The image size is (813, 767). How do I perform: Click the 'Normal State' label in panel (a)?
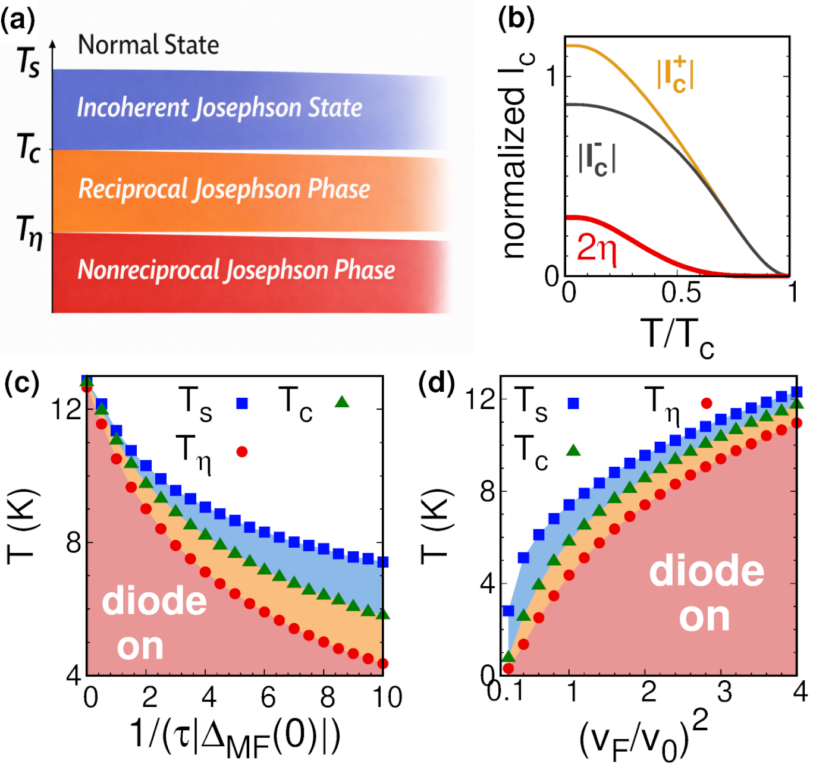[x=148, y=45]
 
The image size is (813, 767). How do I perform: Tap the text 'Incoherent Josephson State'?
[x=219, y=108]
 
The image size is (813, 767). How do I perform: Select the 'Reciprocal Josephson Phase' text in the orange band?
[x=224, y=189]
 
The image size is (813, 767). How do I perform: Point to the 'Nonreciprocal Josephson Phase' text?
[x=236, y=270]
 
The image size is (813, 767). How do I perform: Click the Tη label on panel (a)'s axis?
[x=29, y=231]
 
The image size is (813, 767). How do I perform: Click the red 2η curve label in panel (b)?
[x=597, y=249]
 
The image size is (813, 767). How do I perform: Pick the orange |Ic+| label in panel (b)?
[x=675, y=74]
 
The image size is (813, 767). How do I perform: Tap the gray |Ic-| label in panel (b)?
[x=597, y=159]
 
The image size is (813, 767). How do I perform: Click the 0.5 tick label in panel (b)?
[x=681, y=293]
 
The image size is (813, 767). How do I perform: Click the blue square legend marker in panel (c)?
[x=242, y=404]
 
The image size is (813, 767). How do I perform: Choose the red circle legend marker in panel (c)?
[x=242, y=452]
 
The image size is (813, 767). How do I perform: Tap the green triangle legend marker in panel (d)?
[x=573, y=450]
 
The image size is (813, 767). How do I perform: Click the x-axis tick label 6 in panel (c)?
[x=268, y=697]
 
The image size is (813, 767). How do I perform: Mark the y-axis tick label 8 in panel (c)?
[x=74, y=542]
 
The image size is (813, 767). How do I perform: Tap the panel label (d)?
[x=436, y=383]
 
